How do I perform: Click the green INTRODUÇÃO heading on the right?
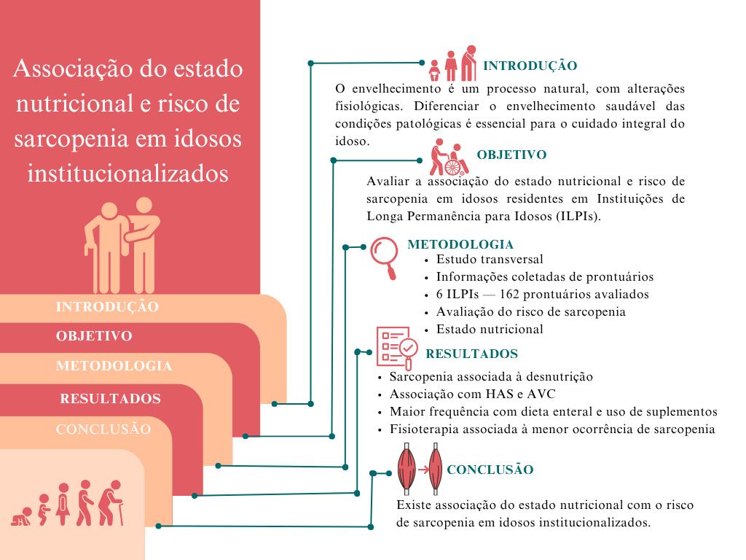tap(530, 66)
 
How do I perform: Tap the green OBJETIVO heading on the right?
tap(511, 155)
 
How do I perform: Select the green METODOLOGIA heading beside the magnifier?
tap(460, 245)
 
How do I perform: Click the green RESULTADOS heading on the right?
tap(471, 354)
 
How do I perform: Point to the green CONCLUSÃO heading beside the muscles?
tap(490, 470)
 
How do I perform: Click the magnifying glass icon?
tap(384, 255)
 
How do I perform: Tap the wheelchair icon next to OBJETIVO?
tap(449, 157)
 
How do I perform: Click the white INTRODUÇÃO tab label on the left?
tap(107, 308)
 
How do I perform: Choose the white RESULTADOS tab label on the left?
tap(110, 400)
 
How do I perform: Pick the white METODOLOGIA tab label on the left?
tap(114, 367)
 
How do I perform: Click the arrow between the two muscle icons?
tap(422, 469)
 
